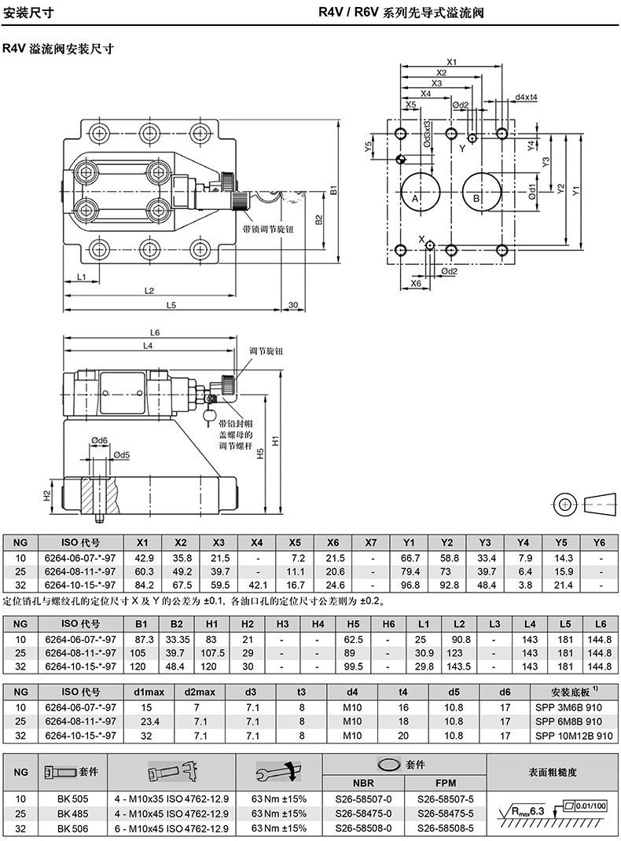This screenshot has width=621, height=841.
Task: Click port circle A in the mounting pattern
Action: [420, 193]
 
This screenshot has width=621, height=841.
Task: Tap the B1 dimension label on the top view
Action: [333, 189]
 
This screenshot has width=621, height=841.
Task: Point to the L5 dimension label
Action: [171, 305]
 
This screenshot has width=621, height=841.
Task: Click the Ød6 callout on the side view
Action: [99, 441]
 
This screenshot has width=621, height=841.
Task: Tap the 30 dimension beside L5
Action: [292, 305]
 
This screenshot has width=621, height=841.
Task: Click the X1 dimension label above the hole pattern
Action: [451, 62]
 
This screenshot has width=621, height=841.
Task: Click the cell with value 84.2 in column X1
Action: [143, 585]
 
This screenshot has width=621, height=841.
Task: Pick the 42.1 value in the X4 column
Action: [257, 585]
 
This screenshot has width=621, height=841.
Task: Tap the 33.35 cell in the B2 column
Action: [177, 639]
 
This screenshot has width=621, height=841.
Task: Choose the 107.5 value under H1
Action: [211, 652]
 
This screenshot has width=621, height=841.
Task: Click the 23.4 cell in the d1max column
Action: [149, 722]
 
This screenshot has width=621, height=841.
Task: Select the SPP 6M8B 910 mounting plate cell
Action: [568, 722]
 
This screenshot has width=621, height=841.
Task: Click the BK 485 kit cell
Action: [73, 813]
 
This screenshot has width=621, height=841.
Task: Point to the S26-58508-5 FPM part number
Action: [446, 828]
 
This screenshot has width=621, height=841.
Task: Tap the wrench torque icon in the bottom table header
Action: [279, 772]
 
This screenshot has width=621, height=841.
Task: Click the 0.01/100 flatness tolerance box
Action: [591, 806]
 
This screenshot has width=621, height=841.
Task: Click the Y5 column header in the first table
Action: [561, 542]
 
